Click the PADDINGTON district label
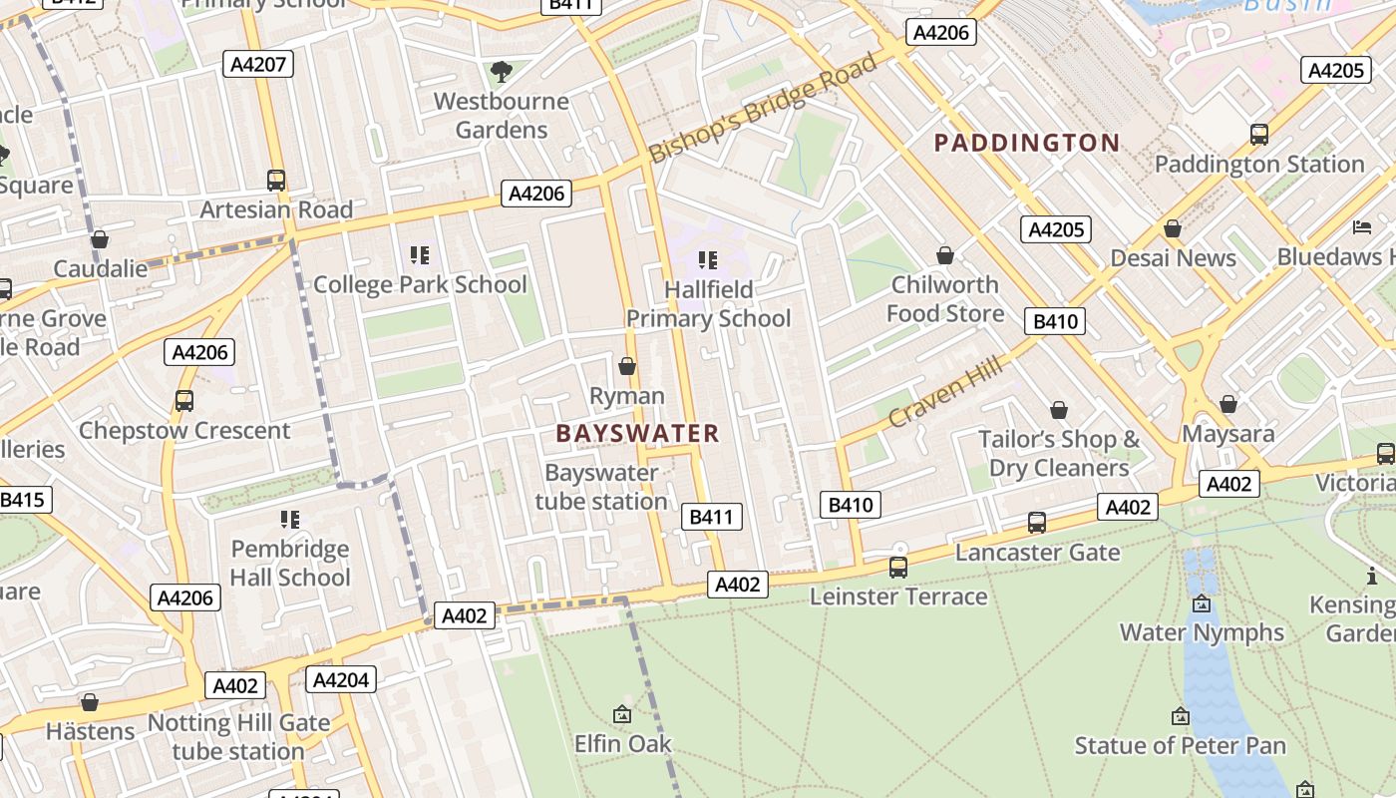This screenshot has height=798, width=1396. click(x=1026, y=143)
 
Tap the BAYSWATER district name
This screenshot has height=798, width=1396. click(x=637, y=433)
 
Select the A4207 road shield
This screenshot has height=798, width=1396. click(x=258, y=65)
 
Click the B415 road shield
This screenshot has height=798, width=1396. click(x=23, y=500)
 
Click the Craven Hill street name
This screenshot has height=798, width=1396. click(x=944, y=393)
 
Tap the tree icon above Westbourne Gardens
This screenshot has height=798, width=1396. click(x=501, y=71)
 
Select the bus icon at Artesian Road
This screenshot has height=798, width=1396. click(x=276, y=181)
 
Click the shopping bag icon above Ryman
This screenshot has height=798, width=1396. click(x=627, y=366)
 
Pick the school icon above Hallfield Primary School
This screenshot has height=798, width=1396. click(x=708, y=260)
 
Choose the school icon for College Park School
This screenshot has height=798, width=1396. click(x=420, y=255)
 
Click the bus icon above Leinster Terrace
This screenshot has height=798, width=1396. click(x=898, y=568)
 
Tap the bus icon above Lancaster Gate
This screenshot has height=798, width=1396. click(x=1037, y=522)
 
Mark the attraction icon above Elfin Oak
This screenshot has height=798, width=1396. click(x=622, y=714)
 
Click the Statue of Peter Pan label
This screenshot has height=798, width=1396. click(x=1180, y=745)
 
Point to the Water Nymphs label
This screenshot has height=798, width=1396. click(x=1202, y=632)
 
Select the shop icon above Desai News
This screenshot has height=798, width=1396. click(x=1173, y=228)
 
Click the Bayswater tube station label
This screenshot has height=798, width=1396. click(x=601, y=487)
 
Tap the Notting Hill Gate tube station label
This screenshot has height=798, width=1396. click(x=238, y=737)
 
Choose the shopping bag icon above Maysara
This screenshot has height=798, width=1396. click(x=1228, y=404)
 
